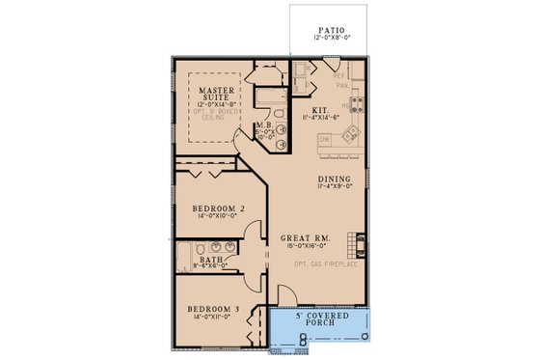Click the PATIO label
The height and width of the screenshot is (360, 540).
(x=330, y=30)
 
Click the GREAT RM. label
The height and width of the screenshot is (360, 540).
(x=301, y=237)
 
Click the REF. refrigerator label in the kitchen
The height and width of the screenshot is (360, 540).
(x=338, y=74)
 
